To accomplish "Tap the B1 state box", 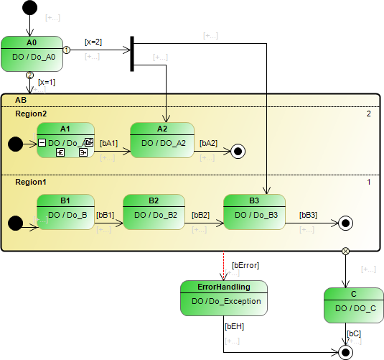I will (x=65, y=211).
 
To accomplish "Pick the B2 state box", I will (x=154, y=211).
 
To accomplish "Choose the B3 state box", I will (x=254, y=211).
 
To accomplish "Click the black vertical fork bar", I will (x=132, y=54).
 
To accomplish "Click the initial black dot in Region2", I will (x=15, y=144).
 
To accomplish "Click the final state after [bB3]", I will (x=346, y=223).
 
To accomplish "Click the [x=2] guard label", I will (x=93, y=42).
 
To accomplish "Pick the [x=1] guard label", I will (x=47, y=82).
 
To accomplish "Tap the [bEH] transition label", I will (x=234, y=326).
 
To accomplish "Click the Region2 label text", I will (x=31, y=114).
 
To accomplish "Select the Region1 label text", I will (x=31, y=183).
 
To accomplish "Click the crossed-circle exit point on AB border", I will (x=346, y=251).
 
